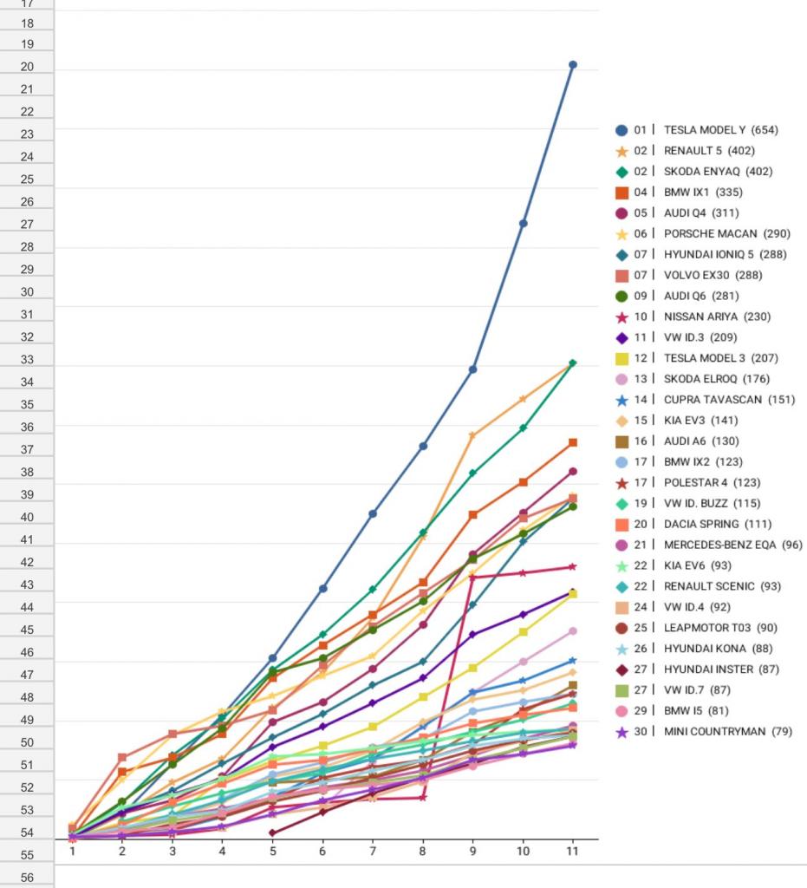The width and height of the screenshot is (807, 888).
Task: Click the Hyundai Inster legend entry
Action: (721, 669)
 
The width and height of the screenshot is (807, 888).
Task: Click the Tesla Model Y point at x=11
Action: (573, 64)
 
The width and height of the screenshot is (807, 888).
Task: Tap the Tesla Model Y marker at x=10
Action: (524, 223)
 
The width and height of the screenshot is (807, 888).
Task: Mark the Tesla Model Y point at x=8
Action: (423, 446)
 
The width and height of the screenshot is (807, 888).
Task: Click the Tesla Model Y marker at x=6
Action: (322, 588)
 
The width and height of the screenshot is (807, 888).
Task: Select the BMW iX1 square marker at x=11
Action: (573, 442)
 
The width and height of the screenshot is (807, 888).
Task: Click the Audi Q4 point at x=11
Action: (573, 471)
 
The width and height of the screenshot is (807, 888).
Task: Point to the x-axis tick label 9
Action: (472, 851)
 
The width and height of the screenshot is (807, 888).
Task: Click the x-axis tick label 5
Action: (272, 851)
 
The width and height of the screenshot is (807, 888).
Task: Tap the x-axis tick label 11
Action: (572, 851)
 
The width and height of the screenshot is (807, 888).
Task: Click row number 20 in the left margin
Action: (27, 67)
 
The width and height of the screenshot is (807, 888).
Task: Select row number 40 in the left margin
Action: (27, 518)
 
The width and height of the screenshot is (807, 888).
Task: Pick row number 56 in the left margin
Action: (27, 878)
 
